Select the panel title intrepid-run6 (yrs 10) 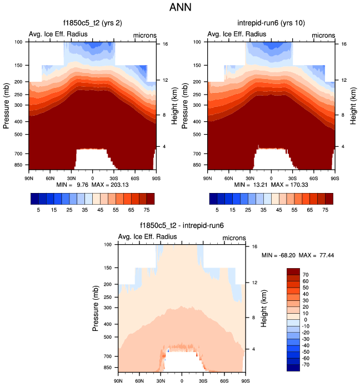[x=271, y=23]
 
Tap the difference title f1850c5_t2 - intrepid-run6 [x=182, y=226]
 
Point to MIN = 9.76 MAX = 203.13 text [x=92, y=184]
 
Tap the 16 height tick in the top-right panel [x=344, y=43]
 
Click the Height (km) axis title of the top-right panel [x=353, y=104]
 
